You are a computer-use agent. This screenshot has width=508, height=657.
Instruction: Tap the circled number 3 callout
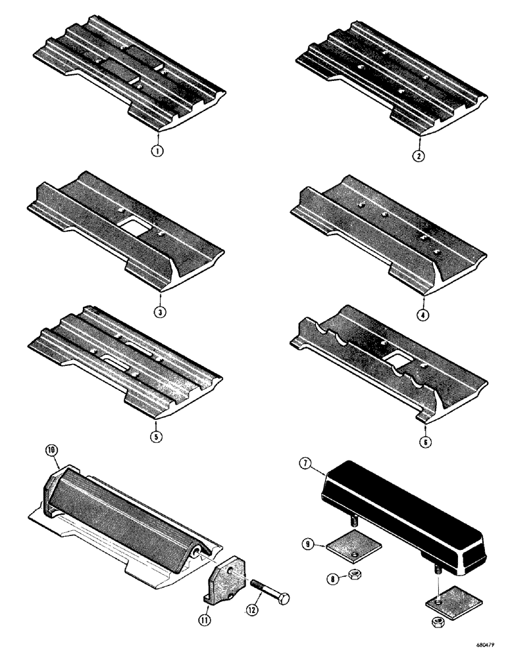click(158, 311)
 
